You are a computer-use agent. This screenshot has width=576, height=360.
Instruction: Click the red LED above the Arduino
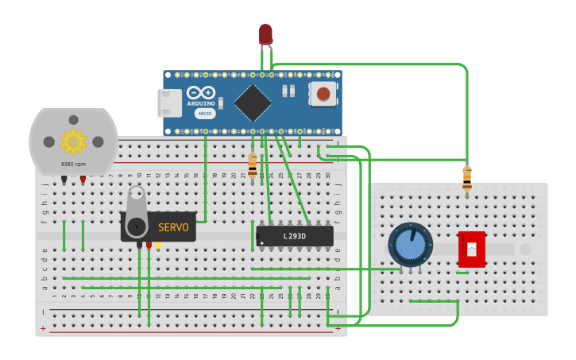tap(265, 33)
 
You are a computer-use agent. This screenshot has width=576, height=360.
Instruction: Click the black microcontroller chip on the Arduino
tap(253, 103)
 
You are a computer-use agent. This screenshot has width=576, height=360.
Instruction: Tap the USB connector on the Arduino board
tap(169, 103)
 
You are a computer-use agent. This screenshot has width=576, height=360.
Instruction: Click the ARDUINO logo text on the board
tap(201, 103)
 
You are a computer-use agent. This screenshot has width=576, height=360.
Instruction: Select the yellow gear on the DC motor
tap(73, 141)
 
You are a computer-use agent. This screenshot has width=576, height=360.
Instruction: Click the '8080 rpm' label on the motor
tap(73, 165)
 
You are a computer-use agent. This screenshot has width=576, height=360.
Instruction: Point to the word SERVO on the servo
tap(173, 227)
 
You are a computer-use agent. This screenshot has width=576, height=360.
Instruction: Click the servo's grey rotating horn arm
tap(137, 210)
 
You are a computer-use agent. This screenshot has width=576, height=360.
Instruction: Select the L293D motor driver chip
tap(295, 236)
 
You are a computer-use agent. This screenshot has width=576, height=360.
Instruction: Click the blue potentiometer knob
tap(410, 244)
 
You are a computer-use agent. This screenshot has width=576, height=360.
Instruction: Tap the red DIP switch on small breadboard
tap(472, 250)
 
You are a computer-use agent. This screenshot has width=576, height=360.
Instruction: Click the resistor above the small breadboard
tap(467, 178)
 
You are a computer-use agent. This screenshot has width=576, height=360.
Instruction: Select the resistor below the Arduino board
tap(253, 165)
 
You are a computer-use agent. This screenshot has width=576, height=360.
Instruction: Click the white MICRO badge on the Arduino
tap(205, 114)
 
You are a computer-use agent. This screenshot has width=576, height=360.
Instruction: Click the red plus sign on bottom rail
tap(43, 328)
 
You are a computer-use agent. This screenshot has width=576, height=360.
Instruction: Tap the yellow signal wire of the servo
tap(158, 246)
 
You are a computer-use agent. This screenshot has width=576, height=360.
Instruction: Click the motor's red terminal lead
tap(83, 180)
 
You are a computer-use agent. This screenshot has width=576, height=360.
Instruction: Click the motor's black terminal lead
tap(64, 180)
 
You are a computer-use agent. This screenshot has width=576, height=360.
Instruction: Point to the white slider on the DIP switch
tap(472, 250)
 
